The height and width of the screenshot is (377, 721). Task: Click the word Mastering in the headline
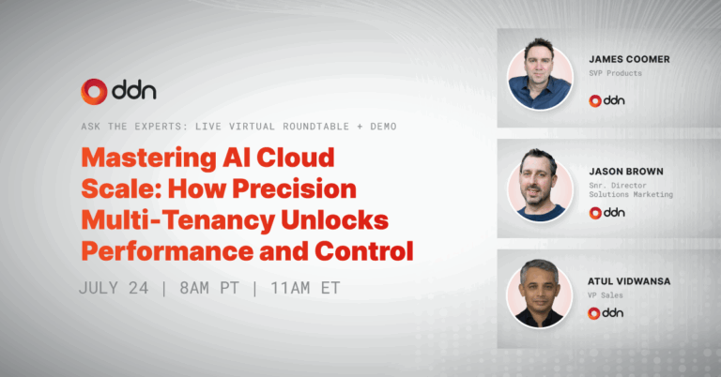(148, 158)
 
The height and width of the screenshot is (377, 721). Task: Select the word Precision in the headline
(294, 188)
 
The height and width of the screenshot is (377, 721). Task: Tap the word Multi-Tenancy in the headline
(177, 220)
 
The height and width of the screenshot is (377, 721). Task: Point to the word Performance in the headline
(167, 251)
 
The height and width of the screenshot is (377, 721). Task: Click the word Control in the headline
(364, 251)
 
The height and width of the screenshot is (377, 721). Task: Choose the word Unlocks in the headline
(335, 220)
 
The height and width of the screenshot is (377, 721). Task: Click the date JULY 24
(114, 288)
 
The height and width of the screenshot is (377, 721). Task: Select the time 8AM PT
(209, 288)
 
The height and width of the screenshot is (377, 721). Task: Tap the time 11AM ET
(305, 288)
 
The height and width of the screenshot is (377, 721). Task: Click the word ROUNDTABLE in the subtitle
(315, 127)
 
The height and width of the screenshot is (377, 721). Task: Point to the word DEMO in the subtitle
(383, 127)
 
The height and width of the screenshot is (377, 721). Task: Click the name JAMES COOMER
(630, 59)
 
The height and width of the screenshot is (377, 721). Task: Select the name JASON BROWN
(626, 172)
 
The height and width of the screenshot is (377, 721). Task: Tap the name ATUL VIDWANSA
(629, 281)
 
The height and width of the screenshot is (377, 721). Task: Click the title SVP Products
(615, 73)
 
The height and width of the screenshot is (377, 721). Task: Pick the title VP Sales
(606, 295)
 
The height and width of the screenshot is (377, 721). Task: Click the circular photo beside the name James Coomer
(540, 76)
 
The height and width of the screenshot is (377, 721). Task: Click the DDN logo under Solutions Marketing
(607, 213)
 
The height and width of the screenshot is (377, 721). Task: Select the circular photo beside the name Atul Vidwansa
(540, 295)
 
